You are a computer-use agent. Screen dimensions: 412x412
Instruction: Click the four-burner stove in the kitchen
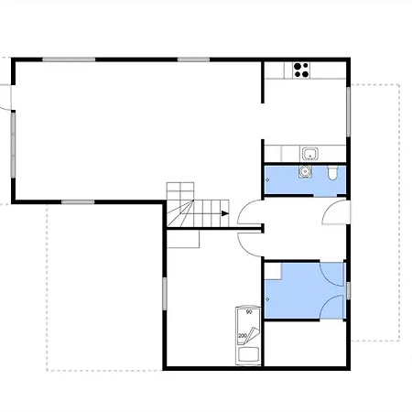pyautogui.click(x=301, y=70)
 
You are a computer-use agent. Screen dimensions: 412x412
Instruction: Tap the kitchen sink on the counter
pyautogui.click(x=310, y=154)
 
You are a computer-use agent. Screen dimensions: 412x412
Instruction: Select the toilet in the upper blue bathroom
pyautogui.click(x=332, y=173)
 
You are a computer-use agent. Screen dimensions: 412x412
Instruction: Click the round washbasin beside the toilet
pyautogui.click(x=305, y=171)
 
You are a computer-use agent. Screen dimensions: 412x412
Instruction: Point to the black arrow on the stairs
pyautogui.click(x=225, y=213)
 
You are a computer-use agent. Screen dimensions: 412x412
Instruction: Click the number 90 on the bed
pyautogui.click(x=249, y=312)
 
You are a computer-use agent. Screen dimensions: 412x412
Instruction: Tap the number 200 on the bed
pyautogui.click(x=243, y=336)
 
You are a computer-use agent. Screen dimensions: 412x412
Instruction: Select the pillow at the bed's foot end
pyautogui.click(x=248, y=355)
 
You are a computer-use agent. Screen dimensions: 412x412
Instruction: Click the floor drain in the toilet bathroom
pyautogui.click(x=267, y=180)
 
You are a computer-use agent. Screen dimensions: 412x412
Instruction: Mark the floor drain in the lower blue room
pyautogui.click(x=267, y=299)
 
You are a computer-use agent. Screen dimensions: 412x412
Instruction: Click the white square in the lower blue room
pyautogui.click(x=273, y=271)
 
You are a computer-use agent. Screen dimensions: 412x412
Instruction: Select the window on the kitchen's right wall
pyautogui.click(x=348, y=112)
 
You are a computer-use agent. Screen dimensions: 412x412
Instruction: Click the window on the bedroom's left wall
pyautogui.click(x=165, y=294)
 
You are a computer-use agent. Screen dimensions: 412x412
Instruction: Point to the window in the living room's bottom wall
pyautogui.click(x=78, y=202)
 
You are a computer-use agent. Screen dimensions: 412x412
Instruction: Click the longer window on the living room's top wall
pyautogui.click(x=69, y=60)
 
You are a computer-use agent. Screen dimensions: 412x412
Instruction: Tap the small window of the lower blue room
pyautogui.click(x=348, y=290)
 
